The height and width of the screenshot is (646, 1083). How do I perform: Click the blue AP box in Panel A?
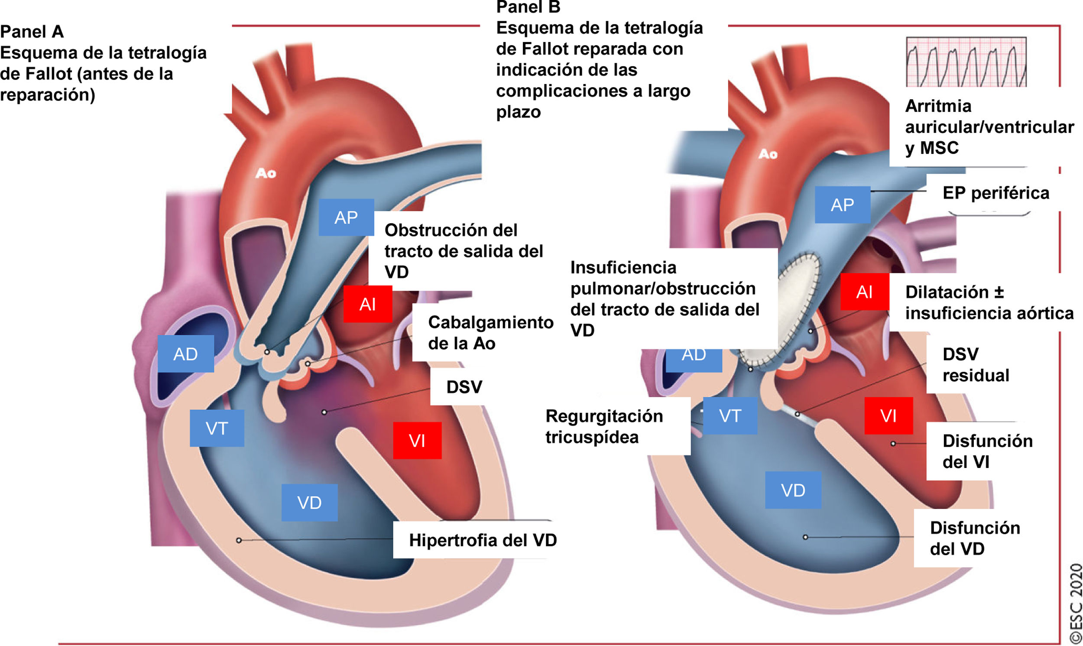[346, 217]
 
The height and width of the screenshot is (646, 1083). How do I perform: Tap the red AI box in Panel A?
[368, 304]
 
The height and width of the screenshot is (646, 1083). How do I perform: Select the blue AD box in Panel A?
[185, 354]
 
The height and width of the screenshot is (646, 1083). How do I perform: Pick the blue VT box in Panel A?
[217, 429]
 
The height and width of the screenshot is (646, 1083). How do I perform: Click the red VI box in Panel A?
[417, 441]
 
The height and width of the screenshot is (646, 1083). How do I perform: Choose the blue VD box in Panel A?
[309, 502]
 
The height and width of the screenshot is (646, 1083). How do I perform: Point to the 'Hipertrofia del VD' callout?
[483, 540]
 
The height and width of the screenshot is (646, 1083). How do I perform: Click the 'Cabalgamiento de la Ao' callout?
[490, 333]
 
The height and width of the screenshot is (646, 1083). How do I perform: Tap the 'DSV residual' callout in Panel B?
[976, 365]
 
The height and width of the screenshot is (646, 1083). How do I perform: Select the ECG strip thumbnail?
[966, 62]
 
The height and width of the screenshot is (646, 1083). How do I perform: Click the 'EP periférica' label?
[995, 193]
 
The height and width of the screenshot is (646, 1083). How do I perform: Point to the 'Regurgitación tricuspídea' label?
[604, 427]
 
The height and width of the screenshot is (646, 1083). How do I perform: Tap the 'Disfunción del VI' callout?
[987, 451]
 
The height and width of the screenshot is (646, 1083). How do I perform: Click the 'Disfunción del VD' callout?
[975, 538]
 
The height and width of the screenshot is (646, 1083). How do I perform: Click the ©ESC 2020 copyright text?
[1075, 603]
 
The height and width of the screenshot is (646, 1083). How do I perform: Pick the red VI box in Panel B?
[888, 416]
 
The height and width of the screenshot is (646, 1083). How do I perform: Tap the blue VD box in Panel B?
[793, 490]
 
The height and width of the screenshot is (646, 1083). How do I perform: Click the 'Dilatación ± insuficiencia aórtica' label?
[989, 302]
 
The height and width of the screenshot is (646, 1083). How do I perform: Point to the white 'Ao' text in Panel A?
[266, 173]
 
